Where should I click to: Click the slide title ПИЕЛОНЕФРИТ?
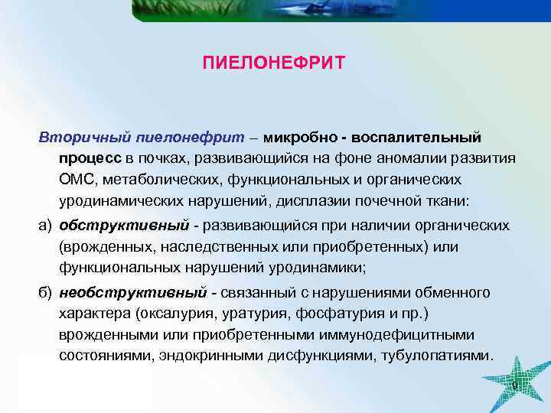[274, 61]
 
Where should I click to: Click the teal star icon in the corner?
[515, 383]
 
